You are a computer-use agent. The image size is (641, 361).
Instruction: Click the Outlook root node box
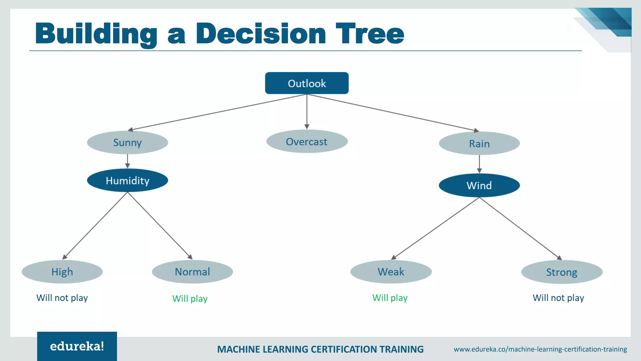click(x=307, y=83)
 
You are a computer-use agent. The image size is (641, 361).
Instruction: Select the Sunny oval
click(x=127, y=143)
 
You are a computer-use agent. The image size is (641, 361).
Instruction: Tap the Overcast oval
click(x=307, y=142)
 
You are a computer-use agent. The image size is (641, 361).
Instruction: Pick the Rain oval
click(x=479, y=144)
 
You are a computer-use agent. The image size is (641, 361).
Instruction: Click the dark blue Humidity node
click(x=127, y=180)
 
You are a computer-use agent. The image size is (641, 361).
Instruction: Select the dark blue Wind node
click(x=479, y=185)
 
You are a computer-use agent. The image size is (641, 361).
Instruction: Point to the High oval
click(x=62, y=272)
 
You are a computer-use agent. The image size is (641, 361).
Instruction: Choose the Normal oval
click(x=192, y=272)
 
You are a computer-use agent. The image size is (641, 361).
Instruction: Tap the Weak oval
click(x=391, y=272)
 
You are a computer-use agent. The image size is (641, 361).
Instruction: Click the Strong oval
click(x=562, y=272)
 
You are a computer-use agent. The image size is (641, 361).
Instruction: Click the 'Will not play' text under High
click(x=62, y=298)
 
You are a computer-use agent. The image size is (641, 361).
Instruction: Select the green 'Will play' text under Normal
click(x=190, y=299)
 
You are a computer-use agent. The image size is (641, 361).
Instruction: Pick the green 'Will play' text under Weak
click(x=390, y=298)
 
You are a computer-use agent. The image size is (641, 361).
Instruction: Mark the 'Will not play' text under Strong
click(x=558, y=298)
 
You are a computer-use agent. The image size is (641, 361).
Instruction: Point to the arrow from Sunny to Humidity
click(x=127, y=161)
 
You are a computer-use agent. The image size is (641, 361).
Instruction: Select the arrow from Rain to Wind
click(x=479, y=164)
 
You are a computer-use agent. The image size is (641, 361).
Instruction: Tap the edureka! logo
click(x=77, y=346)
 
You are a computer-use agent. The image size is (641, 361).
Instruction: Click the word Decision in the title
click(x=261, y=34)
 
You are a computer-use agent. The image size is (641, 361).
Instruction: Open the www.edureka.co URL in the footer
click(x=540, y=349)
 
